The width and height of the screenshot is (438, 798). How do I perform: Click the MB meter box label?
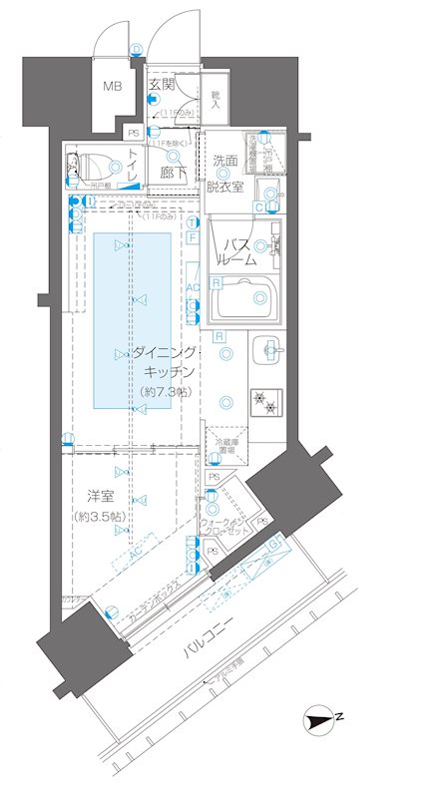pos(112,86)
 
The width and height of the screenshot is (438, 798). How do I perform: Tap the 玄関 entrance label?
pos(163,85)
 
